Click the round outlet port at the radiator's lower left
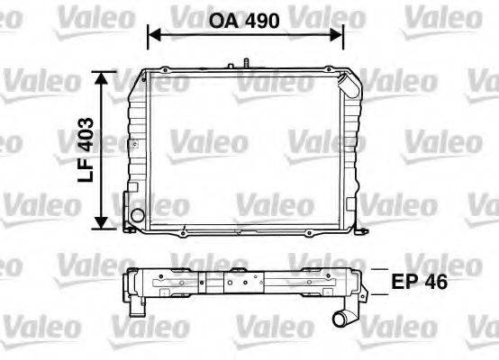coord(135,217)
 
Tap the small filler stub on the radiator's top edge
coord(243,64)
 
